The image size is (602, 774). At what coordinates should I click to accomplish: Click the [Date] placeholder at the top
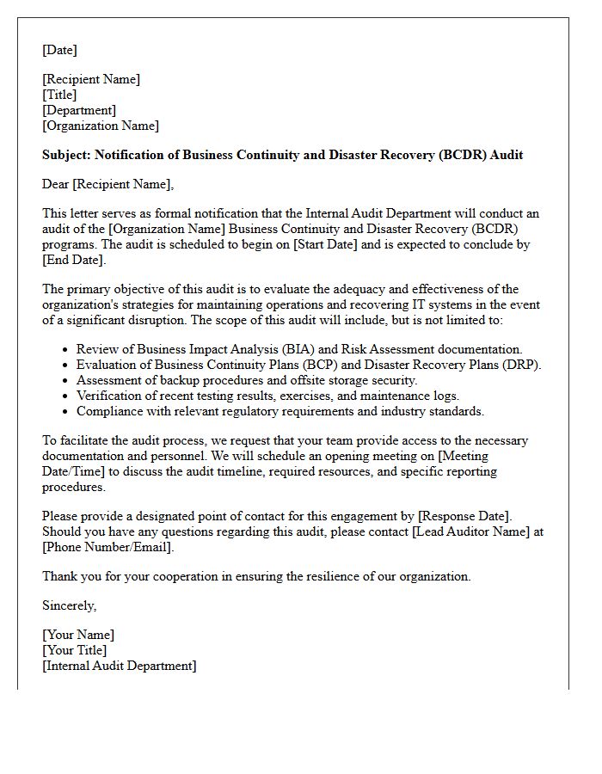(x=59, y=50)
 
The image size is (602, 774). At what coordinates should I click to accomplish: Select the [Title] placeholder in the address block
(x=59, y=95)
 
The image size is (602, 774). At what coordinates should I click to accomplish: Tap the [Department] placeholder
(x=79, y=110)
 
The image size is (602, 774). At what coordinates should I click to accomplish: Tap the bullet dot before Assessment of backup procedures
(x=66, y=381)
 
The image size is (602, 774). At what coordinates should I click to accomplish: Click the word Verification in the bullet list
(x=110, y=396)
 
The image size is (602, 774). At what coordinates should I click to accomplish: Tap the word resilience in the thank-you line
(x=306, y=576)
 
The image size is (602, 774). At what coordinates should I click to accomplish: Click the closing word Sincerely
(x=69, y=605)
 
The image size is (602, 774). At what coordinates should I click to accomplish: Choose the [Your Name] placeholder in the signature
(x=78, y=635)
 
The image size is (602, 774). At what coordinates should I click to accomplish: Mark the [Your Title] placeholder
(x=75, y=650)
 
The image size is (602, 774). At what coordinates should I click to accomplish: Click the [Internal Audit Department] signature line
(x=120, y=666)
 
